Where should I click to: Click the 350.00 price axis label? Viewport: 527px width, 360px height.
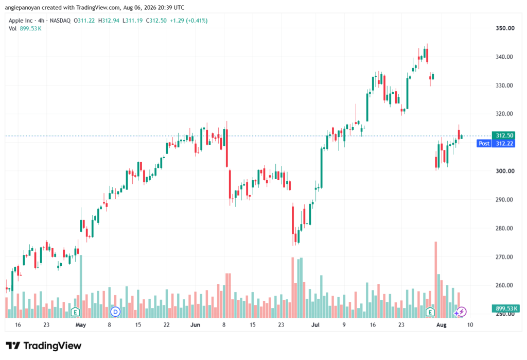(505, 28)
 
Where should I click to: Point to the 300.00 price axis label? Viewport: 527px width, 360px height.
(505, 171)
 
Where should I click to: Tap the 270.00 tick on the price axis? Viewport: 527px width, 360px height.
(505, 256)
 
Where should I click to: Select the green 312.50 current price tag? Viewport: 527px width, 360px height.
(504, 135)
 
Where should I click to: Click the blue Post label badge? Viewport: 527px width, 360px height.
(484, 144)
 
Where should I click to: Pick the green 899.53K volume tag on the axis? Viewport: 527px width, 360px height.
(505, 308)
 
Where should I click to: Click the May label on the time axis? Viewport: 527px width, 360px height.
(81, 324)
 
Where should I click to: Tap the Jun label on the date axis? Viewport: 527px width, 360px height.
(195, 324)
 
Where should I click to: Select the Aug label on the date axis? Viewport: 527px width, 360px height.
(441, 324)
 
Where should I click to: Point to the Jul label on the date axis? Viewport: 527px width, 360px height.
(315, 324)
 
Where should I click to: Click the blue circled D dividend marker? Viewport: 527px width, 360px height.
(115, 312)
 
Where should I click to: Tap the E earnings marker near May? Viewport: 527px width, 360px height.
(75, 312)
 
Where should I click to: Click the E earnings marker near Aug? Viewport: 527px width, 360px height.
(430, 312)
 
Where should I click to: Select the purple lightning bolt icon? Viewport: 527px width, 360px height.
(462, 312)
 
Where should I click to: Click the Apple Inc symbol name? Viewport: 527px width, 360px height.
(21, 21)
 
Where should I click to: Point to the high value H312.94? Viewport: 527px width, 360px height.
(109, 21)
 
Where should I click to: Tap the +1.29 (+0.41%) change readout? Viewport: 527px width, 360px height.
(188, 21)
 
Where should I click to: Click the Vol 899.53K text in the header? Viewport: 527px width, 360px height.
(25, 29)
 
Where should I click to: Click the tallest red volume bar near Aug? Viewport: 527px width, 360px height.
(436, 280)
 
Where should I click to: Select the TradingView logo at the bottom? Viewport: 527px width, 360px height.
(44, 346)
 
